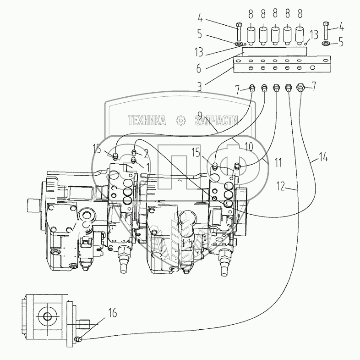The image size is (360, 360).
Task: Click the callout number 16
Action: point(112,314)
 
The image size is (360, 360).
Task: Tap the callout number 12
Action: point(281,186)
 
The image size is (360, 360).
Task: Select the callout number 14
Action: point(323,158)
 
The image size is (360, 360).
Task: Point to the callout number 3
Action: point(200,87)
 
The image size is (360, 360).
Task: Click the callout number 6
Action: point(199,69)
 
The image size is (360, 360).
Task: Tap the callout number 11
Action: point(278,163)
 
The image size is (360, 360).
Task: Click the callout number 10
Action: point(249,146)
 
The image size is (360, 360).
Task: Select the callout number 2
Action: point(146,154)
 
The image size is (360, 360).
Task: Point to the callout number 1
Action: point(147,167)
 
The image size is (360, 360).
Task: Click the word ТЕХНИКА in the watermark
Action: point(147,120)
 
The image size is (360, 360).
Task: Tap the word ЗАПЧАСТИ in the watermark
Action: point(217,120)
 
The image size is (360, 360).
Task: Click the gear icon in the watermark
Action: point(181,120)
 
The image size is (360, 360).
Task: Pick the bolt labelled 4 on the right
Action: point(326,31)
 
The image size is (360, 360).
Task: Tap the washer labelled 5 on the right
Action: point(326,43)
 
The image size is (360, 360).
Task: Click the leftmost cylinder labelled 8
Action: point(251,36)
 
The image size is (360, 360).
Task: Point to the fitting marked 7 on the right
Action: point(300,87)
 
